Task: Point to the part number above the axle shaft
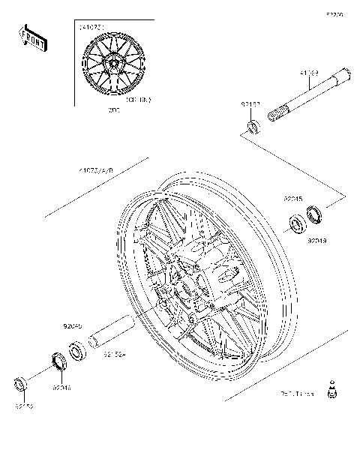pyautogui.click(x=310, y=73)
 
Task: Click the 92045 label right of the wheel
pyautogui.click(x=292, y=199)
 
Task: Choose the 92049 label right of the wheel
pyautogui.click(x=316, y=241)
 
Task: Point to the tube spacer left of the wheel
pyautogui.click(x=111, y=333)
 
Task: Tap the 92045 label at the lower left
pyautogui.click(x=72, y=327)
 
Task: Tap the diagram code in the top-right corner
pyautogui.click(x=334, y=13)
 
